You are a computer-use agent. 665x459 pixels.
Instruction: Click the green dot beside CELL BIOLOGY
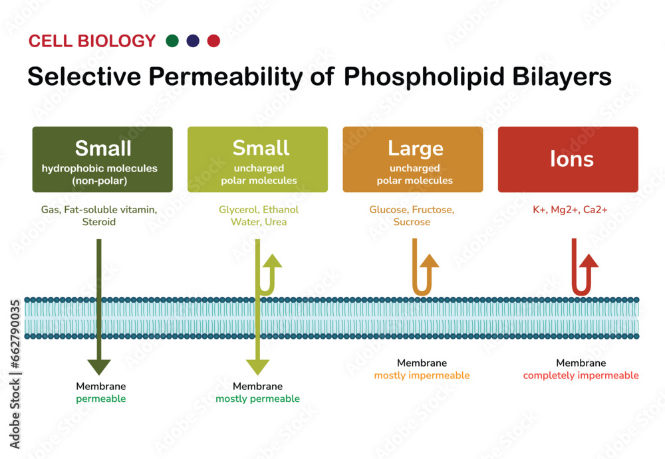tap(172, 41)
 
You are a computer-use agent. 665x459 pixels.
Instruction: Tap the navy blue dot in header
tap(193, 41)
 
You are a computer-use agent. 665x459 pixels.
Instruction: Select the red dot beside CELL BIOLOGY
tap(213, 41)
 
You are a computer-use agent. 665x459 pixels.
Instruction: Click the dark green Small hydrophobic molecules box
tap(102, 159)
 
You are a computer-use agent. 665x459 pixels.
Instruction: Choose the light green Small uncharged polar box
tap(257, 159)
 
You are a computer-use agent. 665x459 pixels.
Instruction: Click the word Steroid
tap(98, 222)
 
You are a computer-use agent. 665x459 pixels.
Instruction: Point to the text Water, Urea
tap(259, 222)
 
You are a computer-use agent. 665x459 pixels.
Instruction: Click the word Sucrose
tap(412, 222)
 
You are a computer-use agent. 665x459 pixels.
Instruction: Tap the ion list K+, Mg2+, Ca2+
tap(571, 210)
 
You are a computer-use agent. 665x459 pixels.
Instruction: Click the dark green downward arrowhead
tap(99, 365)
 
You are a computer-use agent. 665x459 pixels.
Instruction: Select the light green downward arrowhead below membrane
tap(257, 366)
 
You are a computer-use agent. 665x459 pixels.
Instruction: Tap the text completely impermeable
tap(581, 376)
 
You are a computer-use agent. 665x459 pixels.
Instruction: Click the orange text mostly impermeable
tap(422, 376)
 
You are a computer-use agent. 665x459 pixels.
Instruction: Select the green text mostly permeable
tap(257, 399)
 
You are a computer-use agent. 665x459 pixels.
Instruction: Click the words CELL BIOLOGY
tap(92, 41)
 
